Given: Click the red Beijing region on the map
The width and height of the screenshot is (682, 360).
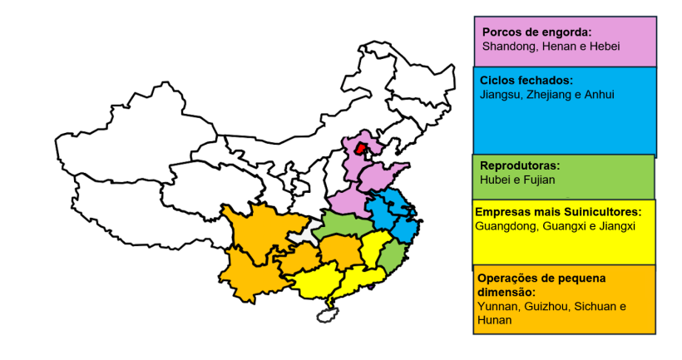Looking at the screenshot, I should [360, 150].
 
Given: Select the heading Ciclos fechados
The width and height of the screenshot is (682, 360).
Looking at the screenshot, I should [526, 81].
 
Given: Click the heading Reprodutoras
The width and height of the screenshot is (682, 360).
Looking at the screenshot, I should [520, 165].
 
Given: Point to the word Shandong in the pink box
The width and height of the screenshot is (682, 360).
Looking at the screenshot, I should [508, 46].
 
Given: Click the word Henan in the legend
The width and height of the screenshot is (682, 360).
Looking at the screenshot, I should [561, 46].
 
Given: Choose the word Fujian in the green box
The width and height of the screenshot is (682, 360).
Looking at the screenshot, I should [539, 179].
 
